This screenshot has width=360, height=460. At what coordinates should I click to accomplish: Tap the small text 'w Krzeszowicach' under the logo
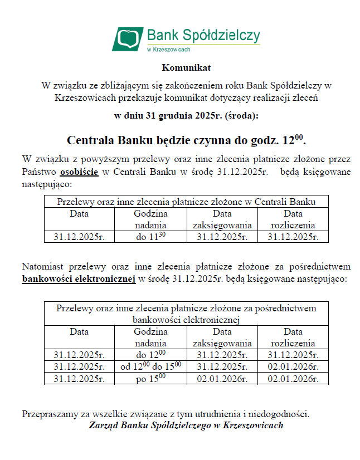tap(168, 50)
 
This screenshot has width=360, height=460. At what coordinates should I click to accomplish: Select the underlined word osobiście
tap(79, 172)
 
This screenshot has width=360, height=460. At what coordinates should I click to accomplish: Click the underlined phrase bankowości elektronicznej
tap(79, 278)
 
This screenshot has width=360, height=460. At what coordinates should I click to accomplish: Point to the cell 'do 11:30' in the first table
tap(150, 236)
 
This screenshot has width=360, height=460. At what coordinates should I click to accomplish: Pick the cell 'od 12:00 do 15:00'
tap(150, 366)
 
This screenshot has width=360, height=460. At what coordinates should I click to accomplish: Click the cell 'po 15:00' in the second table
tap(150, 378)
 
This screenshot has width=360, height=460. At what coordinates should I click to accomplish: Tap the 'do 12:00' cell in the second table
tap(150, 354)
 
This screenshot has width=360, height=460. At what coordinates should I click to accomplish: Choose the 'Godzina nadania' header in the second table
tap(150, 337)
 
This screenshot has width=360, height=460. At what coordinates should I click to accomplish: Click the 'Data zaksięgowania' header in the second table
tap(222, 337)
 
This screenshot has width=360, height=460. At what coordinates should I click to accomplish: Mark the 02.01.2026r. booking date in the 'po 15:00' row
tap(222, 379)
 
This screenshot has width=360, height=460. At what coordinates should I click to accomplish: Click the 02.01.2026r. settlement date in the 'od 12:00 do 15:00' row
tap(293, 367)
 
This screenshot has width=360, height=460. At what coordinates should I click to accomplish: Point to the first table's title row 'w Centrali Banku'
tap(186, 202)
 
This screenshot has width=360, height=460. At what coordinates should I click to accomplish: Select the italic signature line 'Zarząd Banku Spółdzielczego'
tap(186, 425)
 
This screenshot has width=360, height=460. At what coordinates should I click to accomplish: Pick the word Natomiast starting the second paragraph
tap(43, 266)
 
